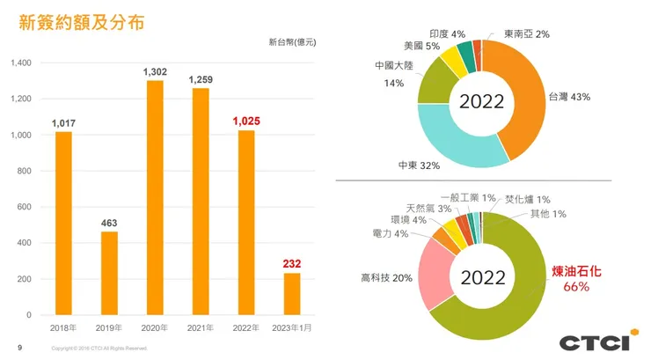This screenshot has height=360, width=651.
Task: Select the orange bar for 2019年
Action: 109,273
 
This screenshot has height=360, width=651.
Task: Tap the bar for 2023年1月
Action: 292,294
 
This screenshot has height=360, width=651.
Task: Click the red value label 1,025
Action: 246,121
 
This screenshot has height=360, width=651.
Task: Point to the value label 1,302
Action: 155,70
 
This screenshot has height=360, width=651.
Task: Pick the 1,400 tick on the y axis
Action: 20,63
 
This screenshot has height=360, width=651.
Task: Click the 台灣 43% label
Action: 568,98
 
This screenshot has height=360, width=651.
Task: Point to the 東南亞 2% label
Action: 527,34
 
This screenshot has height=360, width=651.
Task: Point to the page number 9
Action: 20,348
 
